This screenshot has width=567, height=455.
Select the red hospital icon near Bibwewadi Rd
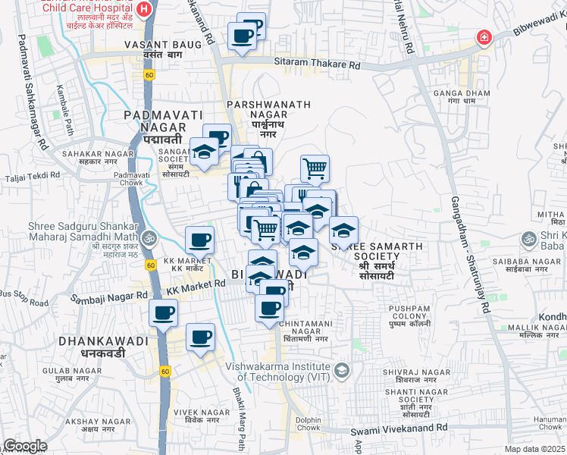point(482,37)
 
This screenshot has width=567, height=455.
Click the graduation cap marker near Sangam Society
point(204,152)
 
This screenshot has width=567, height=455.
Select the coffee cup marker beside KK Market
point(201,240)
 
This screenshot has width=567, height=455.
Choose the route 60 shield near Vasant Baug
point(150,74)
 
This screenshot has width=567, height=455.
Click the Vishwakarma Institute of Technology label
point(279,370)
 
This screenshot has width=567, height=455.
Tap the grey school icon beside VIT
point(342,369)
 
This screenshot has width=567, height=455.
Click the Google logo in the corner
point(25,446)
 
